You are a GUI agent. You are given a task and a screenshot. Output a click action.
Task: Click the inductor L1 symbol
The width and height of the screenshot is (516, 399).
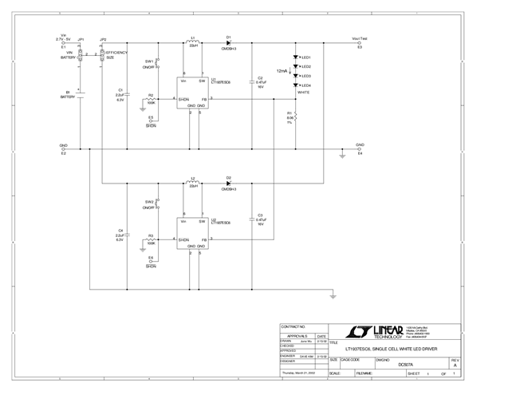pyautogui.click(x=193, y=42)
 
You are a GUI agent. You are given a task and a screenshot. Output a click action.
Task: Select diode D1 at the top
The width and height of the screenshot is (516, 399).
pyautogui.click(x=228, y=43)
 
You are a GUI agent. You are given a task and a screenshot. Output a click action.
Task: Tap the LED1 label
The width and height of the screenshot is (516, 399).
pyautogui.click(x=306, y=58)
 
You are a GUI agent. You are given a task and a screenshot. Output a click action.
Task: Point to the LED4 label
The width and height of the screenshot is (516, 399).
pyautogui.click(x=306, y=85)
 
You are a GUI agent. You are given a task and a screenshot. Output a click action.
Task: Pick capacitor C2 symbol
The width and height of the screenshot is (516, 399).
pyautogui.click(x=252, y=81)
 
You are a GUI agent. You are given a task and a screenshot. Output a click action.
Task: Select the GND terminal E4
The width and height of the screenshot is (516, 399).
pyautogui.click(x=360, y=148)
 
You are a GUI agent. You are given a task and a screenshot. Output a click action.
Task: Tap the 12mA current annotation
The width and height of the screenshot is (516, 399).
pyautogui.click(x=282, y=71)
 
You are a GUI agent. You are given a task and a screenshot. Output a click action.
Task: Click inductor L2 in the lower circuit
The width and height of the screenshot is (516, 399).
pyautogui.click(x=193, y=184)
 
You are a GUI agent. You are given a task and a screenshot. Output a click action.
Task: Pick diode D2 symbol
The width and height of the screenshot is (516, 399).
pyautogui.click(x=228, y=184)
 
